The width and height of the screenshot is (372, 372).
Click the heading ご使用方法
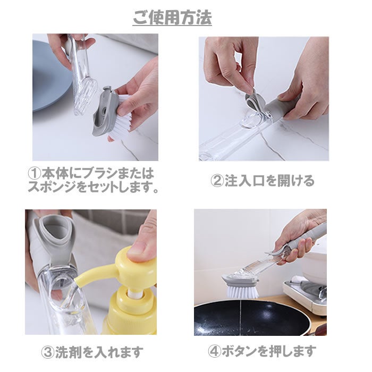click(x=172, y=18)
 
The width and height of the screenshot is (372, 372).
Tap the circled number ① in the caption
click(x=35, y=173)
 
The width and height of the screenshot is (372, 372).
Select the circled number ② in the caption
click(x=217, y=181)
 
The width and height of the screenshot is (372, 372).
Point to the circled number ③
click(x=48, y=352)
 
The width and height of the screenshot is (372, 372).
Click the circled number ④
click(x=215, y=351)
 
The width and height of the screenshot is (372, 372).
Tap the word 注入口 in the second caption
click(x=244, y=181)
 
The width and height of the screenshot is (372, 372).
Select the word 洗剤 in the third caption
click(x=69, y=352)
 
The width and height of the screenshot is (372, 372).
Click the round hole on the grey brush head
click(x=104, y=111)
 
